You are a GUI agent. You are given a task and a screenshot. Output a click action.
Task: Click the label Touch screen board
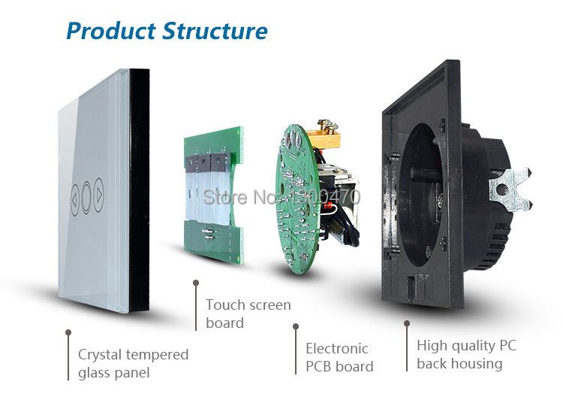coord(248,314)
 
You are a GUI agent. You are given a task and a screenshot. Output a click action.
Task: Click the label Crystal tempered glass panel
coord(133,362)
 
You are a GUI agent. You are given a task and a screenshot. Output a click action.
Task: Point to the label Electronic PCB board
coord(339,357)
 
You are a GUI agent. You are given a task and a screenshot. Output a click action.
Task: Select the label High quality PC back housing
coord(466,354)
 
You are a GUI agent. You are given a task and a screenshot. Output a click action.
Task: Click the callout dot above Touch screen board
coord(196,283)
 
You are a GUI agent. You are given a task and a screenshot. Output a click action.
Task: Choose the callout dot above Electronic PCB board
coord(296,326)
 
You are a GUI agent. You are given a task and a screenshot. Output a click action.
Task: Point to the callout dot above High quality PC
coord(407,323)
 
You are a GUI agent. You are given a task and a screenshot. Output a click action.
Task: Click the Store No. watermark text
coord(282,197)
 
